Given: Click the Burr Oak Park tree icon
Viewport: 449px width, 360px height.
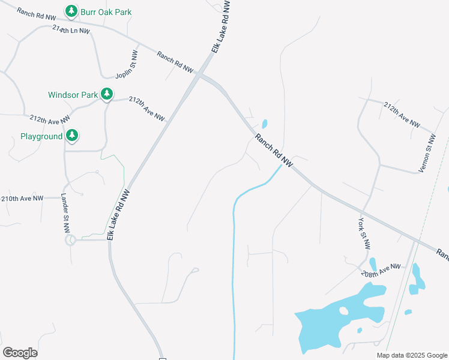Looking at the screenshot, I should [71, 11].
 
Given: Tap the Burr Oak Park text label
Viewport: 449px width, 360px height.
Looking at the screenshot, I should [106, 12].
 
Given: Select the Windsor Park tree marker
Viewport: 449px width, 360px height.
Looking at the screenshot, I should [107, 94].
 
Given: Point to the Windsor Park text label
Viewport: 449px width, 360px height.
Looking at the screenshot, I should [73, 95].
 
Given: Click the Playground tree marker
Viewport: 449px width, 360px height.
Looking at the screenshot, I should [72, 136].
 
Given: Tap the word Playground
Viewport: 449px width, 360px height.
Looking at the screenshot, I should [41, 137].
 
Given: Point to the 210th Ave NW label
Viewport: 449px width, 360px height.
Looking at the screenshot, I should [23, 198].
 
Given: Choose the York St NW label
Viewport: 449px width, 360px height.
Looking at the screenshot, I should [364, 233].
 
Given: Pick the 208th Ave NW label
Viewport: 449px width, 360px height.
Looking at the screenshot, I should [381, 270].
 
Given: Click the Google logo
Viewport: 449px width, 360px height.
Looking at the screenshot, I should [20, 353].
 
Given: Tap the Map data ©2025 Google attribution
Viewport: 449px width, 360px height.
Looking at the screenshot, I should [412, 355].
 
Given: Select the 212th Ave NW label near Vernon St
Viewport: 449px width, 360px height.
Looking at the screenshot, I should [402, 114].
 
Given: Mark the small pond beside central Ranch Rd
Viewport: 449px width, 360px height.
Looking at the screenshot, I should [265, 124].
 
